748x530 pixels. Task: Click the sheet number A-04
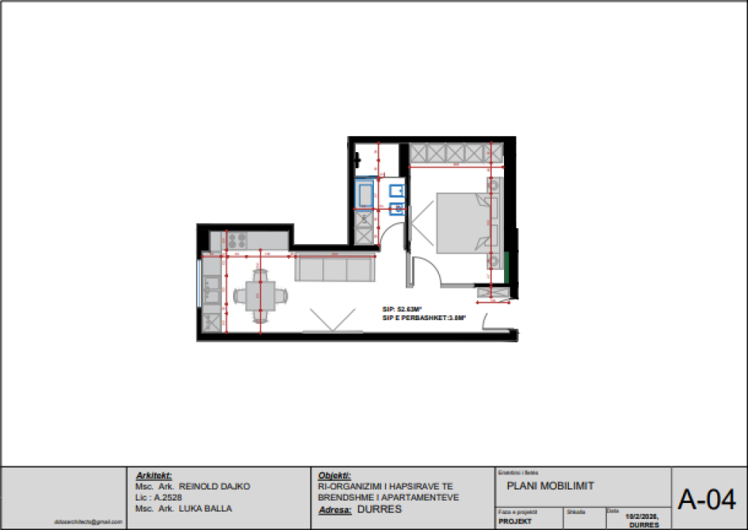click(x=706, y=500)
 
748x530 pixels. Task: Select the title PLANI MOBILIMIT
click(x=550, y=486)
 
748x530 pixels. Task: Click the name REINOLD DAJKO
click(x=215, y=486)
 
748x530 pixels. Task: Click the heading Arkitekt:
click(x=153, y=475)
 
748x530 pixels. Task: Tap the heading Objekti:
click(x=335, y=475)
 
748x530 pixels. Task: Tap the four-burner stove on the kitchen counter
click(x=236, y=239)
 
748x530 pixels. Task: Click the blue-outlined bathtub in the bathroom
click(x=365, y=195)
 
